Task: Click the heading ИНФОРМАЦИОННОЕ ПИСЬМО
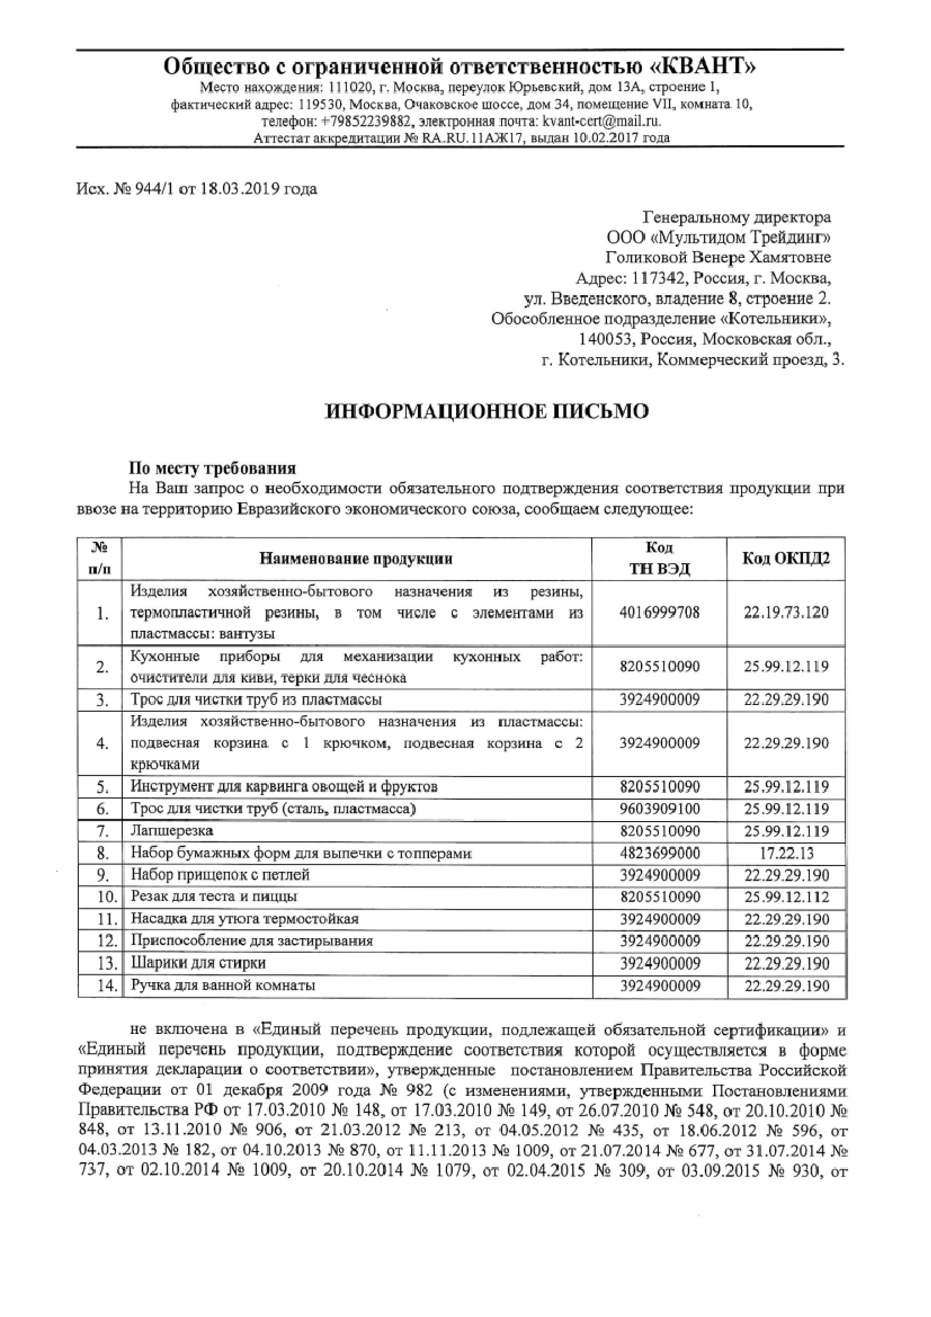(x=487, y=411)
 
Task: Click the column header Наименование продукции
(x=356, y=559)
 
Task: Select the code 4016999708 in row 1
(x=660, y=613)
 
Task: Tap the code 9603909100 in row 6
(x=660, y=809)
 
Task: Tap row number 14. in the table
(x=107, y=987)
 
